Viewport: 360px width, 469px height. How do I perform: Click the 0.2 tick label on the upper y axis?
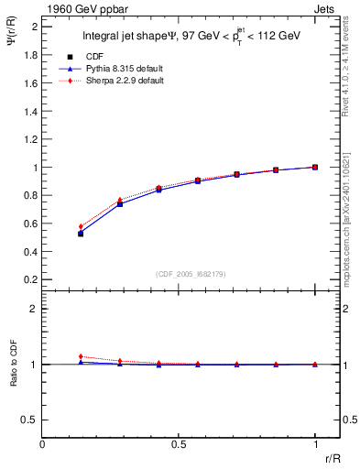click(x=30, y=279)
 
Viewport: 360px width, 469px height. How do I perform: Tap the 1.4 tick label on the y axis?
click(x=30, y=111)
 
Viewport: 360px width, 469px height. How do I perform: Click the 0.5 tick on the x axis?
click(x=179, y=444)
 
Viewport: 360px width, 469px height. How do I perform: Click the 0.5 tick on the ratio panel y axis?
click(x=30, y=420)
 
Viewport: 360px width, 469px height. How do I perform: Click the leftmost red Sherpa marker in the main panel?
click(x=81, y=226)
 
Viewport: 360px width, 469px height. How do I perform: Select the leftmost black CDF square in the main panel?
click(x=81, y=234)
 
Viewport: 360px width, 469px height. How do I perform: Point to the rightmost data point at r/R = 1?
click(x=315, y=167)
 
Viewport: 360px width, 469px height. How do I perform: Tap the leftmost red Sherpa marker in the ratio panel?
click(x=81, y=356)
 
